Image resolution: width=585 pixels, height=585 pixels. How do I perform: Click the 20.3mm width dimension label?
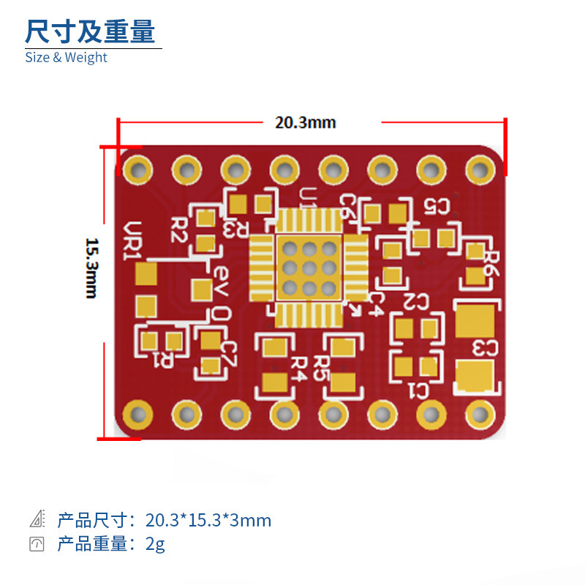click(x=305, y=122)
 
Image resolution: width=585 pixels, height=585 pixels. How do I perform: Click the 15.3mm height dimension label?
click(x=91, y=267)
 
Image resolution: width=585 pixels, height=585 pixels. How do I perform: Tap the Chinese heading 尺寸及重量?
click(x=90, y=31)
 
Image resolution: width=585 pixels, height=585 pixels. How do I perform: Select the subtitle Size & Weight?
click(x=66, y=57)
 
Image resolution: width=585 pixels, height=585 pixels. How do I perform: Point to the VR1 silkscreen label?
click(x=132, y=241)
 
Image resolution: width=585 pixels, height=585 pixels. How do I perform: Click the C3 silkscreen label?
click(x=486, y=348)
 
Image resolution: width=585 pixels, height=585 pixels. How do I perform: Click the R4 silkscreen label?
click(x=297, y=368)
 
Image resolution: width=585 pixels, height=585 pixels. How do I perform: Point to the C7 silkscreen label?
click(x=228, y=355)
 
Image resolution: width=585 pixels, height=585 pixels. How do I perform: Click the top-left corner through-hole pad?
click(x=137, y=170)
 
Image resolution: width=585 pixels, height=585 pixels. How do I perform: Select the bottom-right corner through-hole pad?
click(x=480, y=415)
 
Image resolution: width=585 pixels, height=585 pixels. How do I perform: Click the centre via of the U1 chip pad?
click(x=309, y=267)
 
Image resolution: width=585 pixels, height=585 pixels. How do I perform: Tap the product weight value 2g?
click(x=155, y=544)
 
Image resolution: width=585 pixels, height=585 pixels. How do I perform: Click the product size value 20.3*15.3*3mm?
click(x=208, y=521)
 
